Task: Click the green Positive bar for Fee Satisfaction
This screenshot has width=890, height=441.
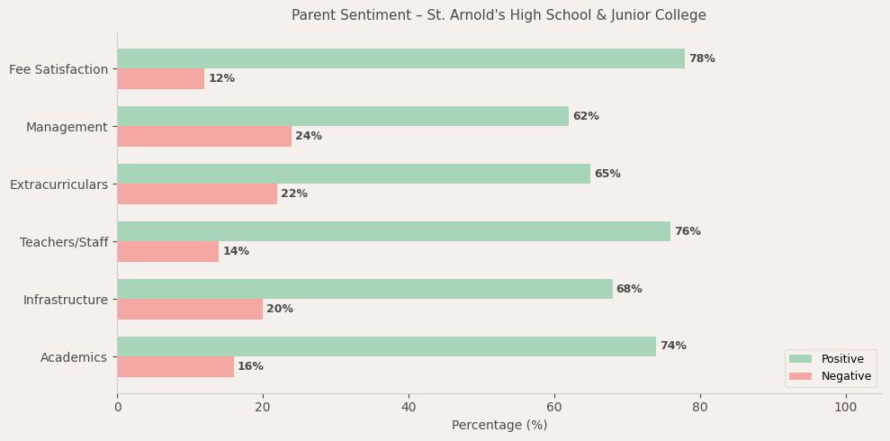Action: [400, 58]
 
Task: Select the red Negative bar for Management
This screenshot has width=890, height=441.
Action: [204, 136]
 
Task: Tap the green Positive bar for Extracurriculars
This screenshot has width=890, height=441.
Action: [354, 174]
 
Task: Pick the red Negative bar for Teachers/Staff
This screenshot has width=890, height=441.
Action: [168, 251]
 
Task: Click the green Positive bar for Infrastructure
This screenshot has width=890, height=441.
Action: [364, 289]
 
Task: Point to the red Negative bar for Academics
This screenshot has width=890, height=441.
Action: [175, 366]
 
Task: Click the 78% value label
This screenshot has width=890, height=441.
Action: [702, 58]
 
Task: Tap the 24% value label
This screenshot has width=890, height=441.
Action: [309, 136]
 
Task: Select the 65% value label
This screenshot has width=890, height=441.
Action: [607, 174]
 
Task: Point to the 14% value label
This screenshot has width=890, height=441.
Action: [236, 251]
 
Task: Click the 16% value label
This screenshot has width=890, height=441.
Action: [250, 366]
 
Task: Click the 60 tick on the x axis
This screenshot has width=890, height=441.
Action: [554, 407]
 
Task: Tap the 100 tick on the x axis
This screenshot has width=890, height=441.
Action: [845, 407]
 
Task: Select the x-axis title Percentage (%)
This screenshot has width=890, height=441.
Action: [499, 425]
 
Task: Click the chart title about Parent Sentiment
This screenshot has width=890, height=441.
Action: [499, 15]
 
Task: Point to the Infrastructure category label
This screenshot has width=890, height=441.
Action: [66, 300]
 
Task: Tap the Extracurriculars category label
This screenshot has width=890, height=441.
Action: [58, 184]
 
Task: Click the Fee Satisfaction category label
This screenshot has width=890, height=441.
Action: [58, 69]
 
